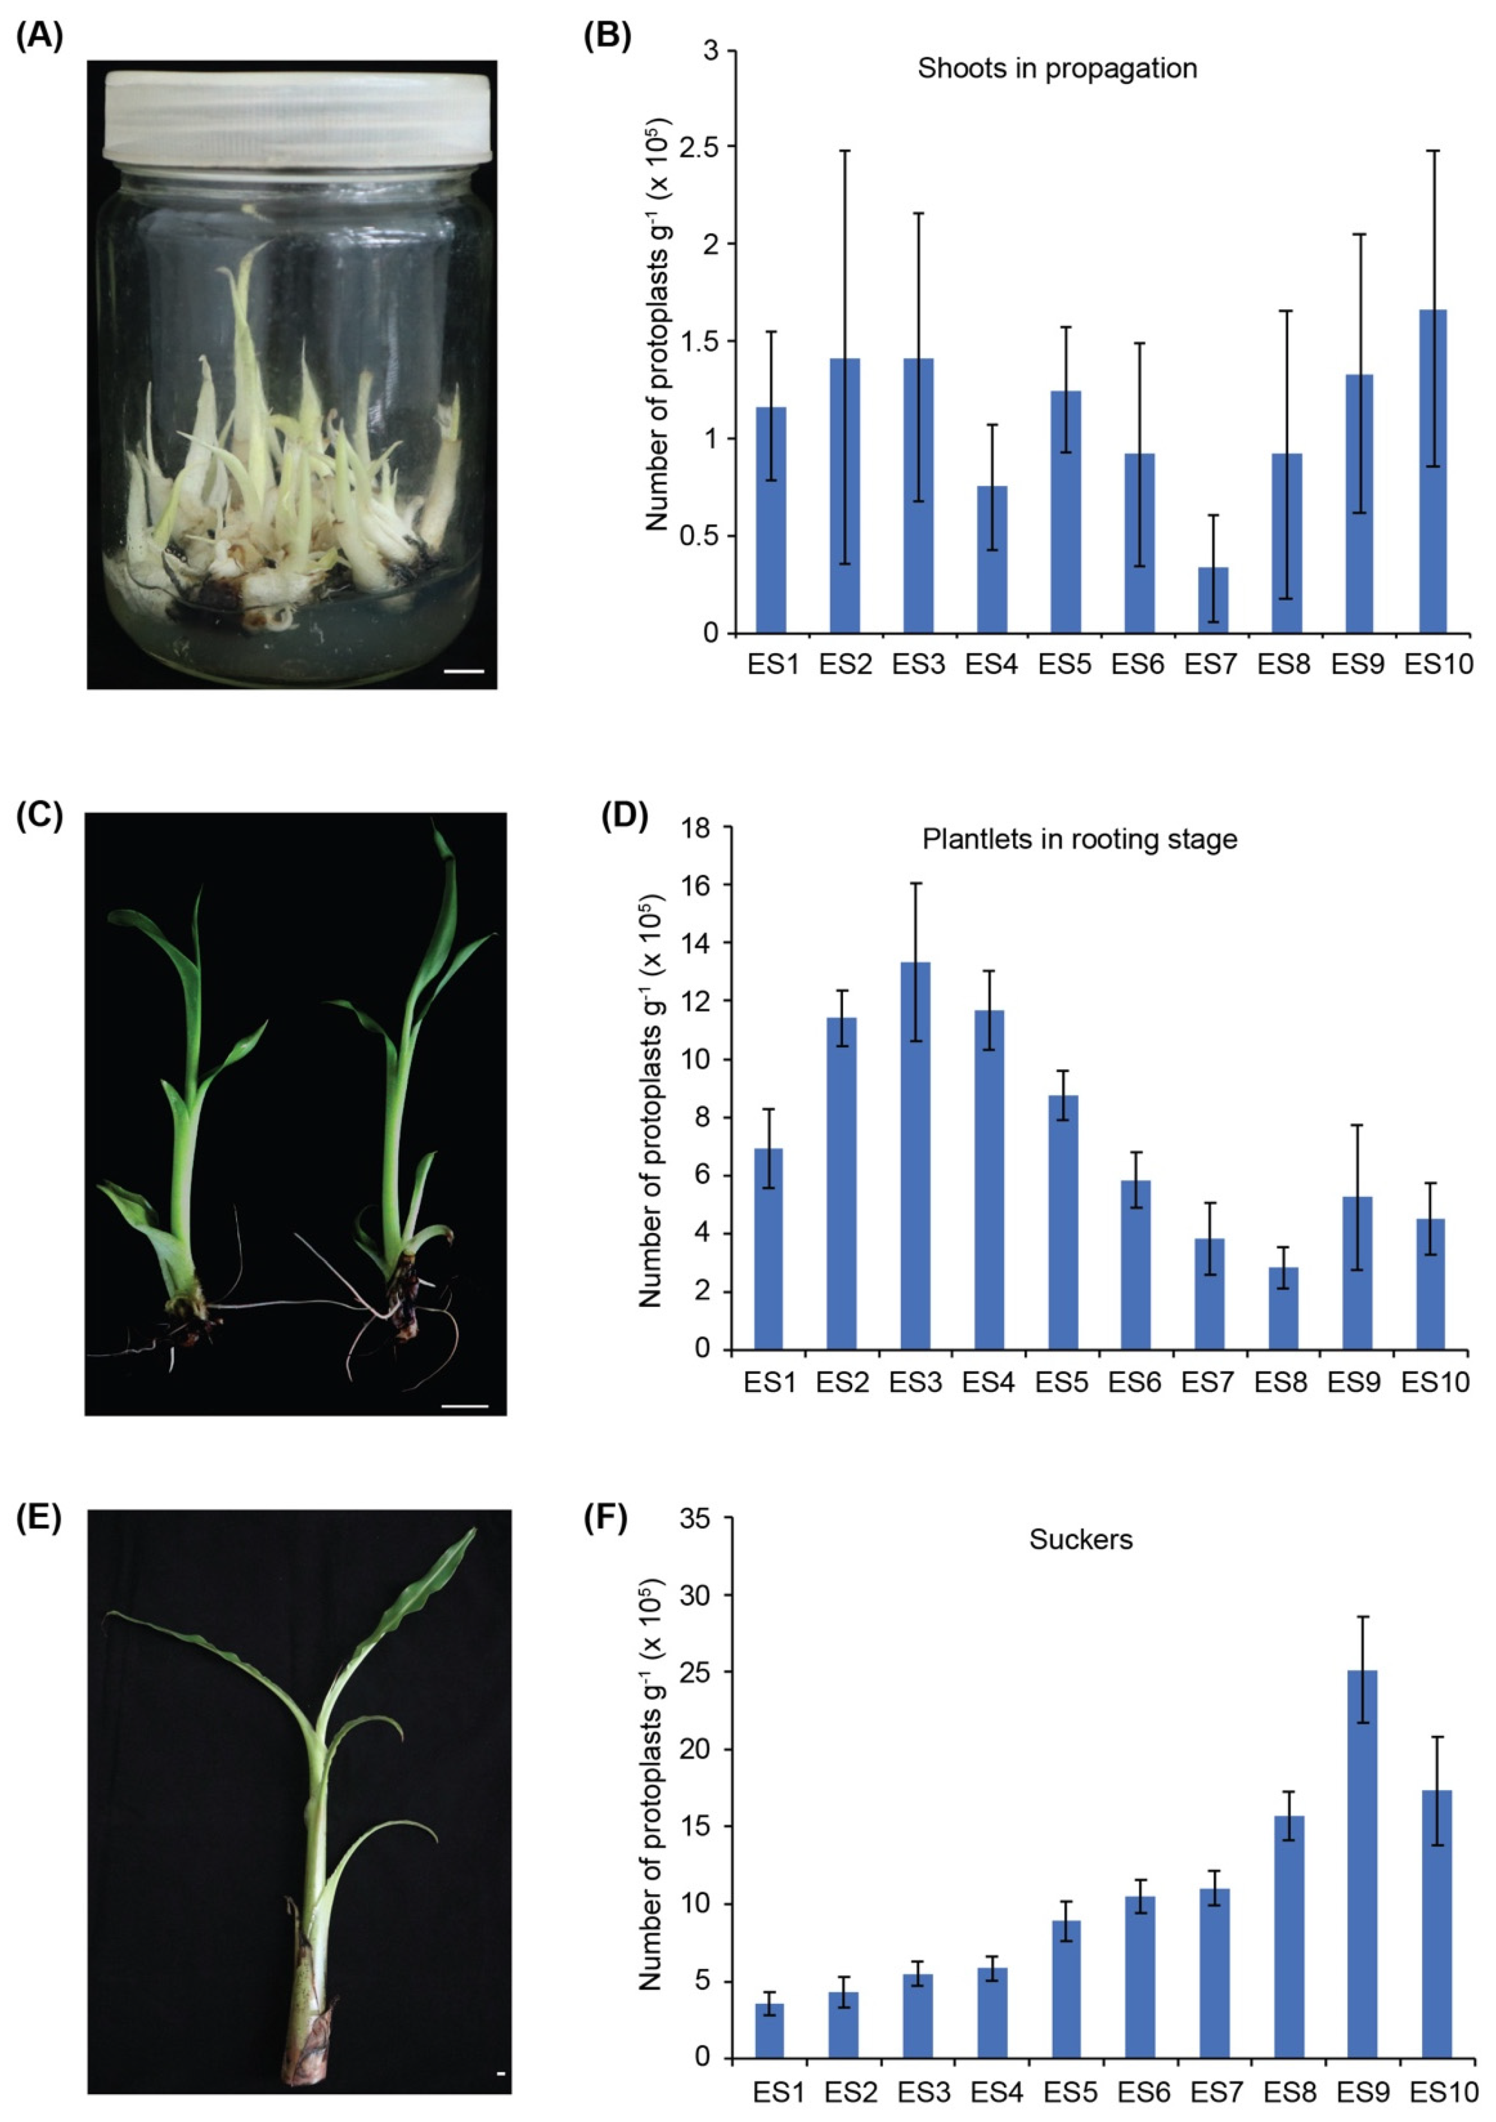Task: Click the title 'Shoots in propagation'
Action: point(1057,68)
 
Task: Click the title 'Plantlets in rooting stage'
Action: point(1079,839)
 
